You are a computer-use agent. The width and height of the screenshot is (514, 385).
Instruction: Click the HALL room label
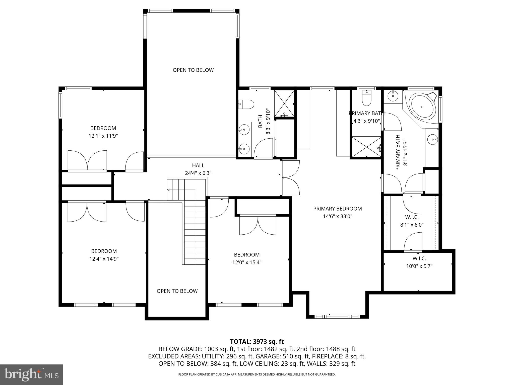click(198, 165)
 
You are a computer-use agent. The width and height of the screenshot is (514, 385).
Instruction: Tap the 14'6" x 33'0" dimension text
click(337, 216)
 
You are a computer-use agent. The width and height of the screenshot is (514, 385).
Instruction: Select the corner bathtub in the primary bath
click(422, 107)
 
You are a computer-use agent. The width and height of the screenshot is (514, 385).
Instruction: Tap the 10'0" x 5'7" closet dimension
click(419, 266)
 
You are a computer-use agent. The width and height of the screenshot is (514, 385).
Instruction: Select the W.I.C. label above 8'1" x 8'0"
click(412, 217)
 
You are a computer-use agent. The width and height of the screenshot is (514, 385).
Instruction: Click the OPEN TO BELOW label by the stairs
click(177, 291)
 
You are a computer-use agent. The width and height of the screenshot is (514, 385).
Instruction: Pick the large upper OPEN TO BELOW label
click(193, 70)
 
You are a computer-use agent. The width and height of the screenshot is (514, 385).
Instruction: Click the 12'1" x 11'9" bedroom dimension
click(103, 136)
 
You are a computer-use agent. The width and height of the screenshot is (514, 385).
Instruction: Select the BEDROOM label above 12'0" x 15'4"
click(247, 255)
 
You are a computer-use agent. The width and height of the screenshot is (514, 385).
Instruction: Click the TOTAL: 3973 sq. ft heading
click(257, 342)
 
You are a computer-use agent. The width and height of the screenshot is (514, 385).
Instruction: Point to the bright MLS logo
click(31, 374)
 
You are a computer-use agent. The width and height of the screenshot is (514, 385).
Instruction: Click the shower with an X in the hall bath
click(284, 103)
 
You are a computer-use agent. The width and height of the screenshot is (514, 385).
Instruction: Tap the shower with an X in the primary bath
click(366, 146)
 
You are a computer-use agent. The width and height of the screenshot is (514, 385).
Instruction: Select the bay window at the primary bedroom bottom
click(337, 317)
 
